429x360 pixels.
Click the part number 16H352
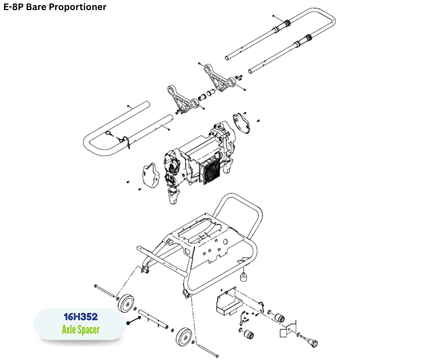point(80,317)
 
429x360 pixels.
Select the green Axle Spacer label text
point(80,329)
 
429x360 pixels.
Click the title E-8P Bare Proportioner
point(55,7)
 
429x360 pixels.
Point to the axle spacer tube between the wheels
point(152,318)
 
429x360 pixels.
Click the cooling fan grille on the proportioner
point(210,172)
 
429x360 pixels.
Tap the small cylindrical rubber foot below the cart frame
point(245,277)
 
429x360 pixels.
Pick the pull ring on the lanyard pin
point(110,133)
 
